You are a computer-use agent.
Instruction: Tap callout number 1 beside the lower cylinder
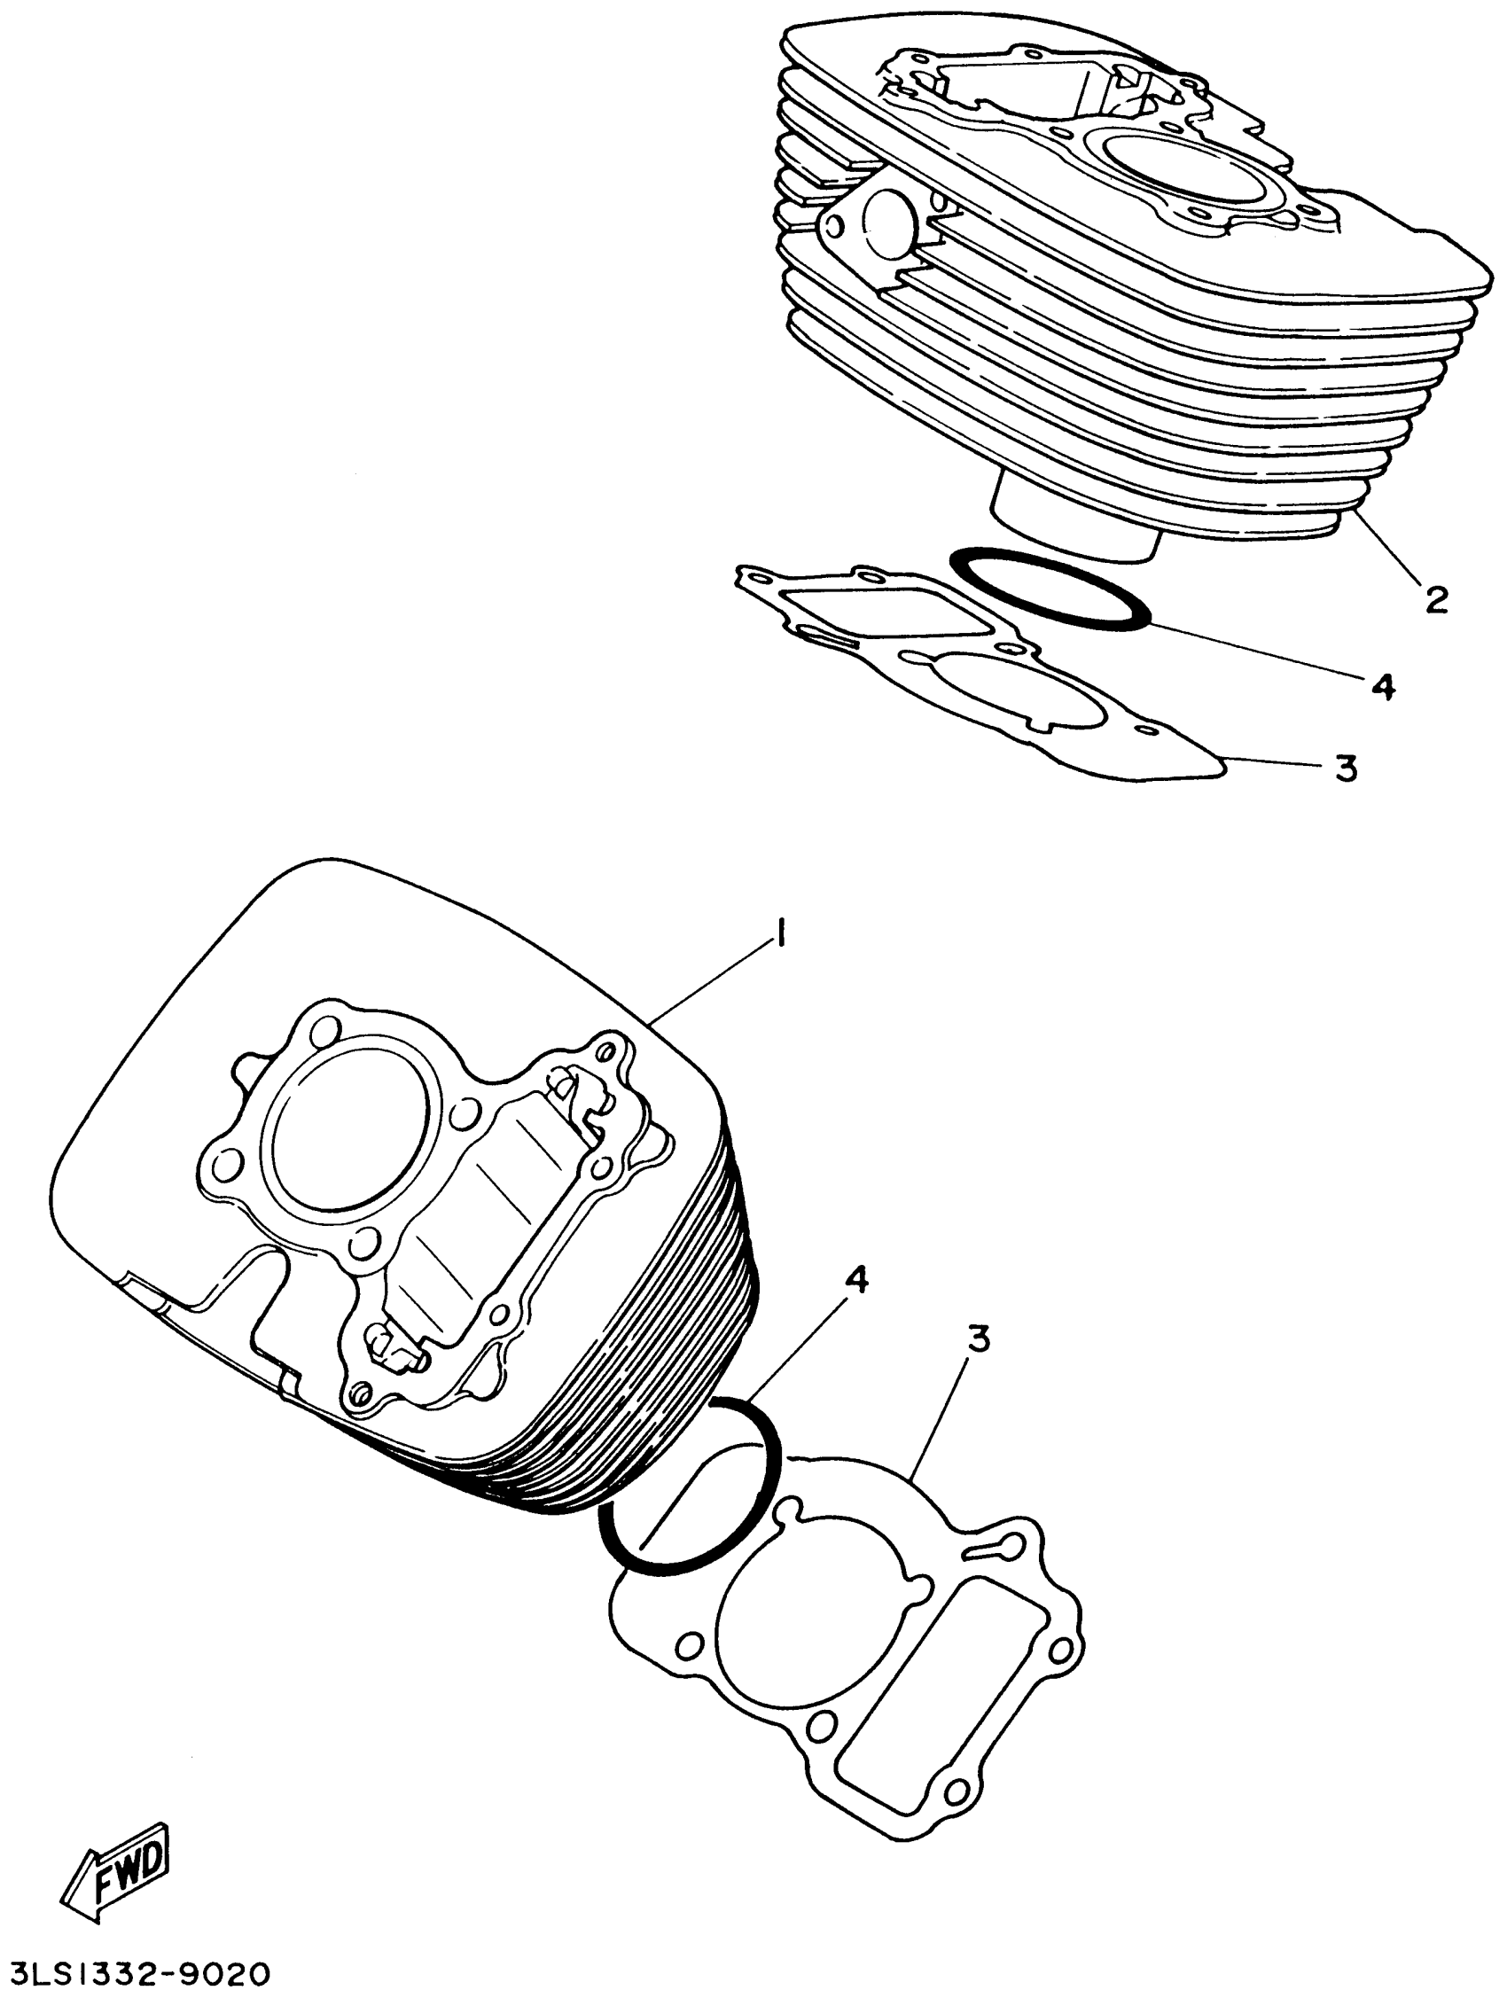pyautogui.click(x=780, y=930)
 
